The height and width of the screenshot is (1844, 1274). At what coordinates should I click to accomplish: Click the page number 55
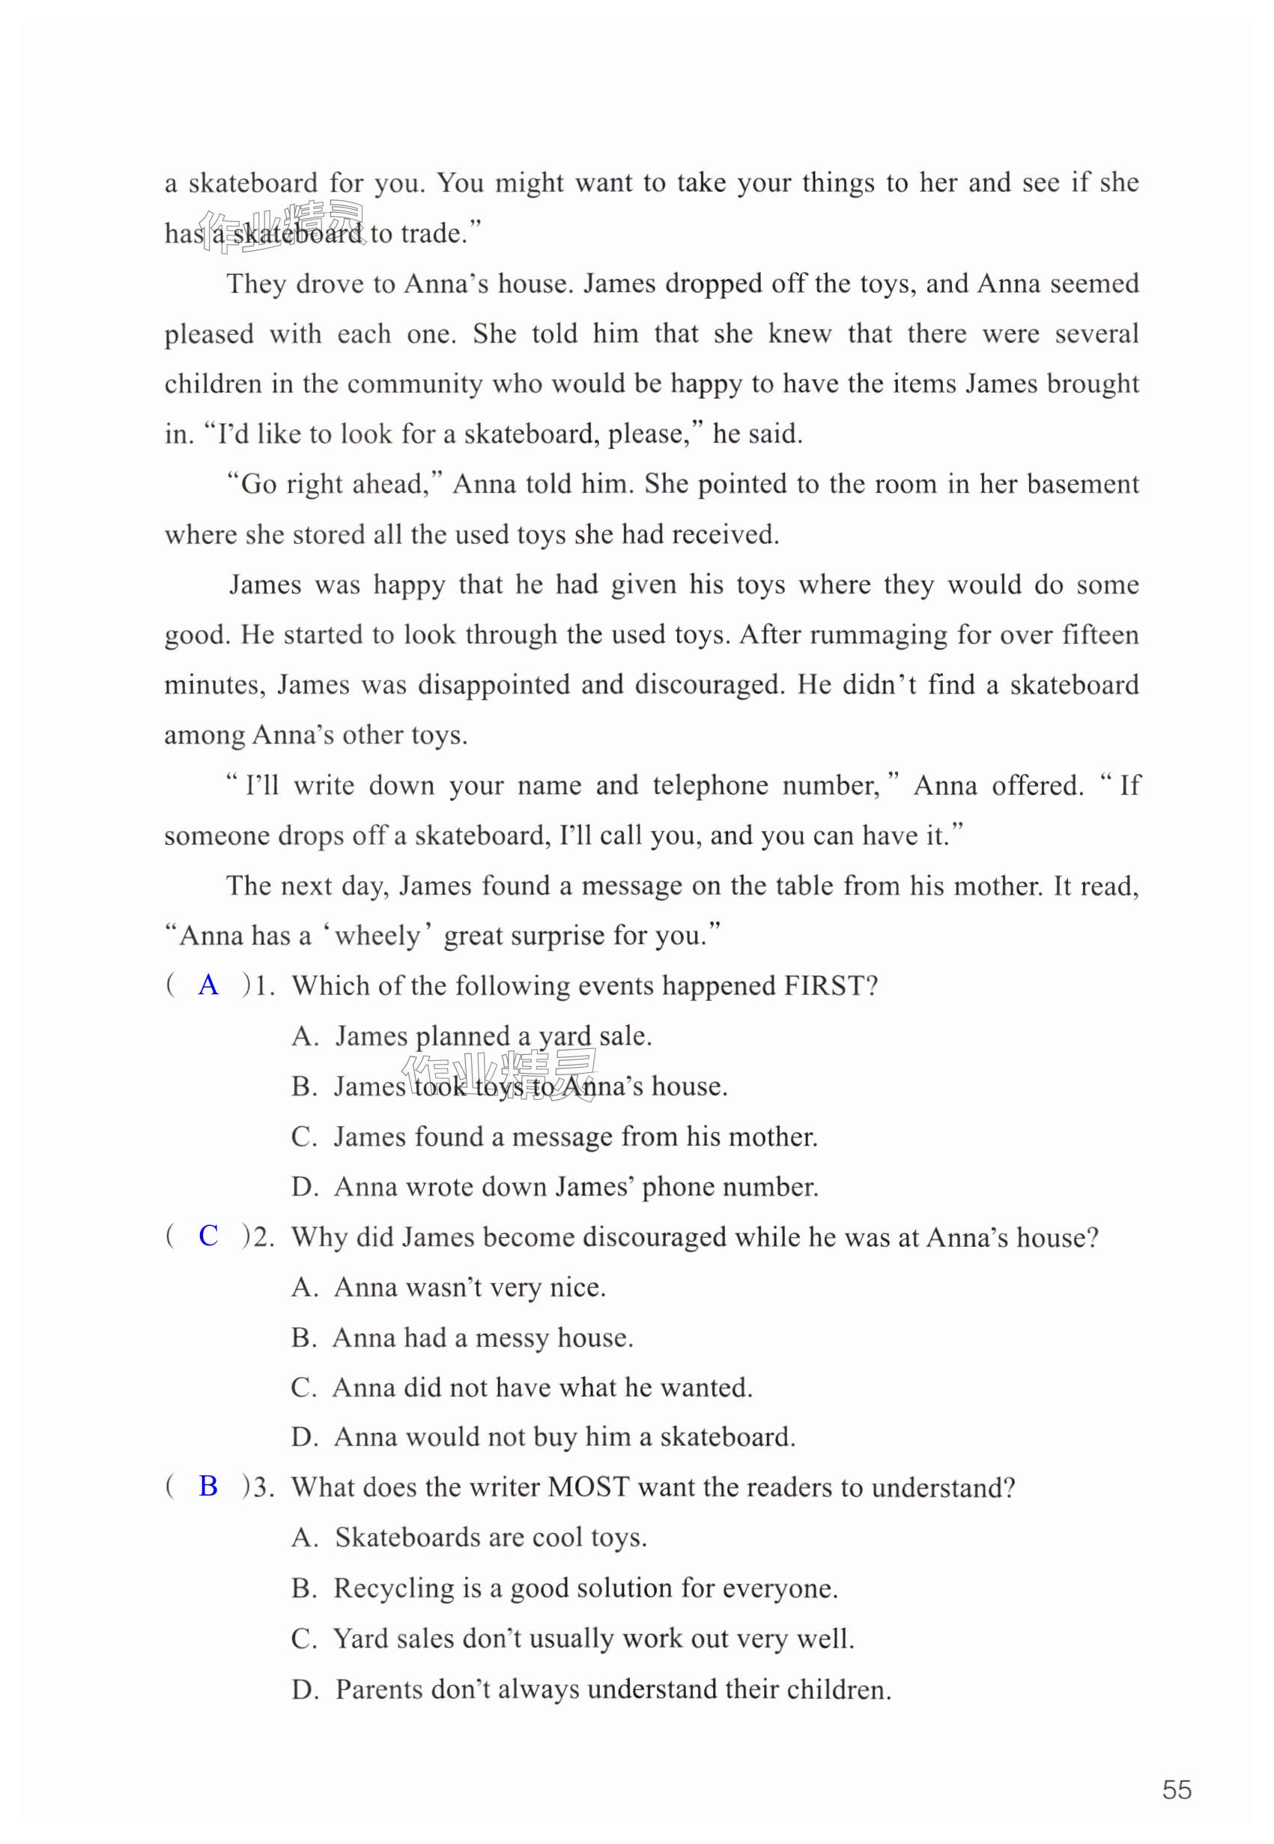[1176, 1790]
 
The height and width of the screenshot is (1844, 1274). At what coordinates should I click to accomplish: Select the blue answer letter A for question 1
[208, 985]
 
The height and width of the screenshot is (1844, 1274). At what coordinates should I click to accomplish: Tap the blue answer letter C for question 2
[208, 1236]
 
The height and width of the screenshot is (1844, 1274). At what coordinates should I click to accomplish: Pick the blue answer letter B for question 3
[208, 1487]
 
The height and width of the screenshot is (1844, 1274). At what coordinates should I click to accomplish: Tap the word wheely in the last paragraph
[377, 935]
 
